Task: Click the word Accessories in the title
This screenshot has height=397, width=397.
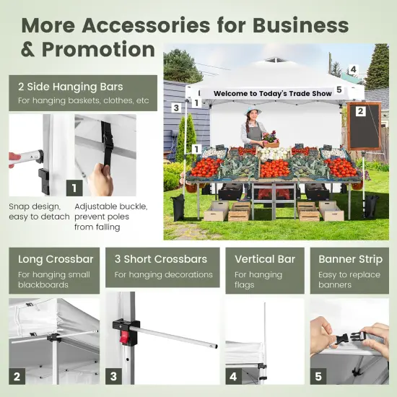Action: point(146,25)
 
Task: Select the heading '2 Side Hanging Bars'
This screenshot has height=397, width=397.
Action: point(71,87)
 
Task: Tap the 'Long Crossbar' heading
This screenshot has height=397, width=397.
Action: point(56,259)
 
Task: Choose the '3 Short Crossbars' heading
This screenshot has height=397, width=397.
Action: point(161,259)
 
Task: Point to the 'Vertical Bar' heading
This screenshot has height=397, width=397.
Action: point(265,259)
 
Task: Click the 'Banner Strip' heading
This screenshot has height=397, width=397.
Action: point(350,260)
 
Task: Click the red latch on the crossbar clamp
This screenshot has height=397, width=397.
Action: point(124,338)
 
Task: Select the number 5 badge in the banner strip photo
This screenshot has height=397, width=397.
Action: point(318,376)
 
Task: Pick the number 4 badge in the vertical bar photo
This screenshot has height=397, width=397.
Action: point(233,376)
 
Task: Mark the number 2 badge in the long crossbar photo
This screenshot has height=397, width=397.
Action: point(17,376)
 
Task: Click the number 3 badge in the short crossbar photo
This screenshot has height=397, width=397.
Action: point(113,376)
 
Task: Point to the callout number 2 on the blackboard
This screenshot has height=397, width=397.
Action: point(360,111)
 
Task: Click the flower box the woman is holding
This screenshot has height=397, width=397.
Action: point(271,144)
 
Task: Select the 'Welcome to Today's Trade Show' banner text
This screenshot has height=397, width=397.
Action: point(272,93)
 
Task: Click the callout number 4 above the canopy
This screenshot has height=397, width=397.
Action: point(353,69)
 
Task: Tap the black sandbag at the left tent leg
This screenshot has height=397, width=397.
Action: point(179,207)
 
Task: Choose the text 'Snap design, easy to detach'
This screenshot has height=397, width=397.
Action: point(39,211)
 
